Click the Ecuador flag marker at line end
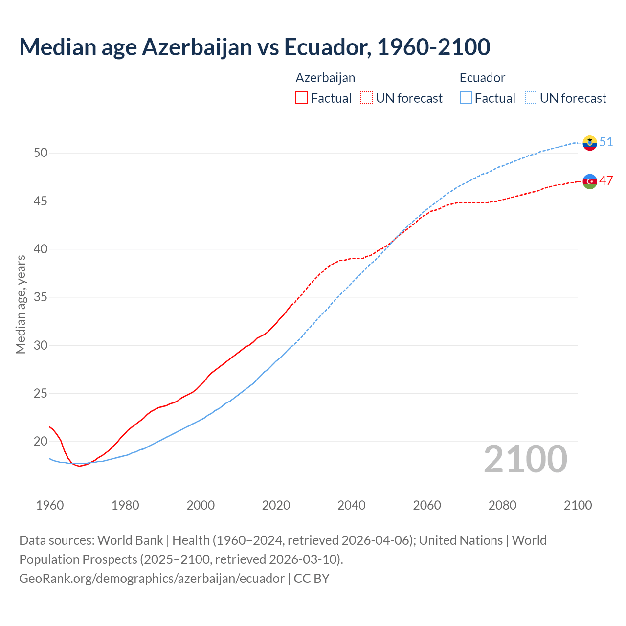click(x=590, y=143)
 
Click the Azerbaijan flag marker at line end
click(x=590, y=181)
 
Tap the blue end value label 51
click(x=606, y=142)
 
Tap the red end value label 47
click(x=606, y=180)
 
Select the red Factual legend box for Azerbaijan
click(x=302, y=98)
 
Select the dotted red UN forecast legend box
click(x=367, y=98)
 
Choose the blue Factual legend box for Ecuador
click(x=466, y=98)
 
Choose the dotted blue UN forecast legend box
click(x=531, y=98)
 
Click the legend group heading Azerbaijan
click(x=325, y=78)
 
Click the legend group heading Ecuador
click(x=482, y=78)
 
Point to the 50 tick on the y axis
click(x=41, y=153)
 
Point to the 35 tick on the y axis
click(x=41, y=297)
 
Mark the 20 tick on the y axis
click(x=41, y=442)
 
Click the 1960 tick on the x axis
click(x=50, y=505)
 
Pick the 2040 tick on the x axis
click(x=352, y=505)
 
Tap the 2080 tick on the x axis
click(x=502, y=505)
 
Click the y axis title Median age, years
click(x=21, y=304)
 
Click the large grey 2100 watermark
click(x=525, y=459)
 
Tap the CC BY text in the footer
click(x=312, y=578)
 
